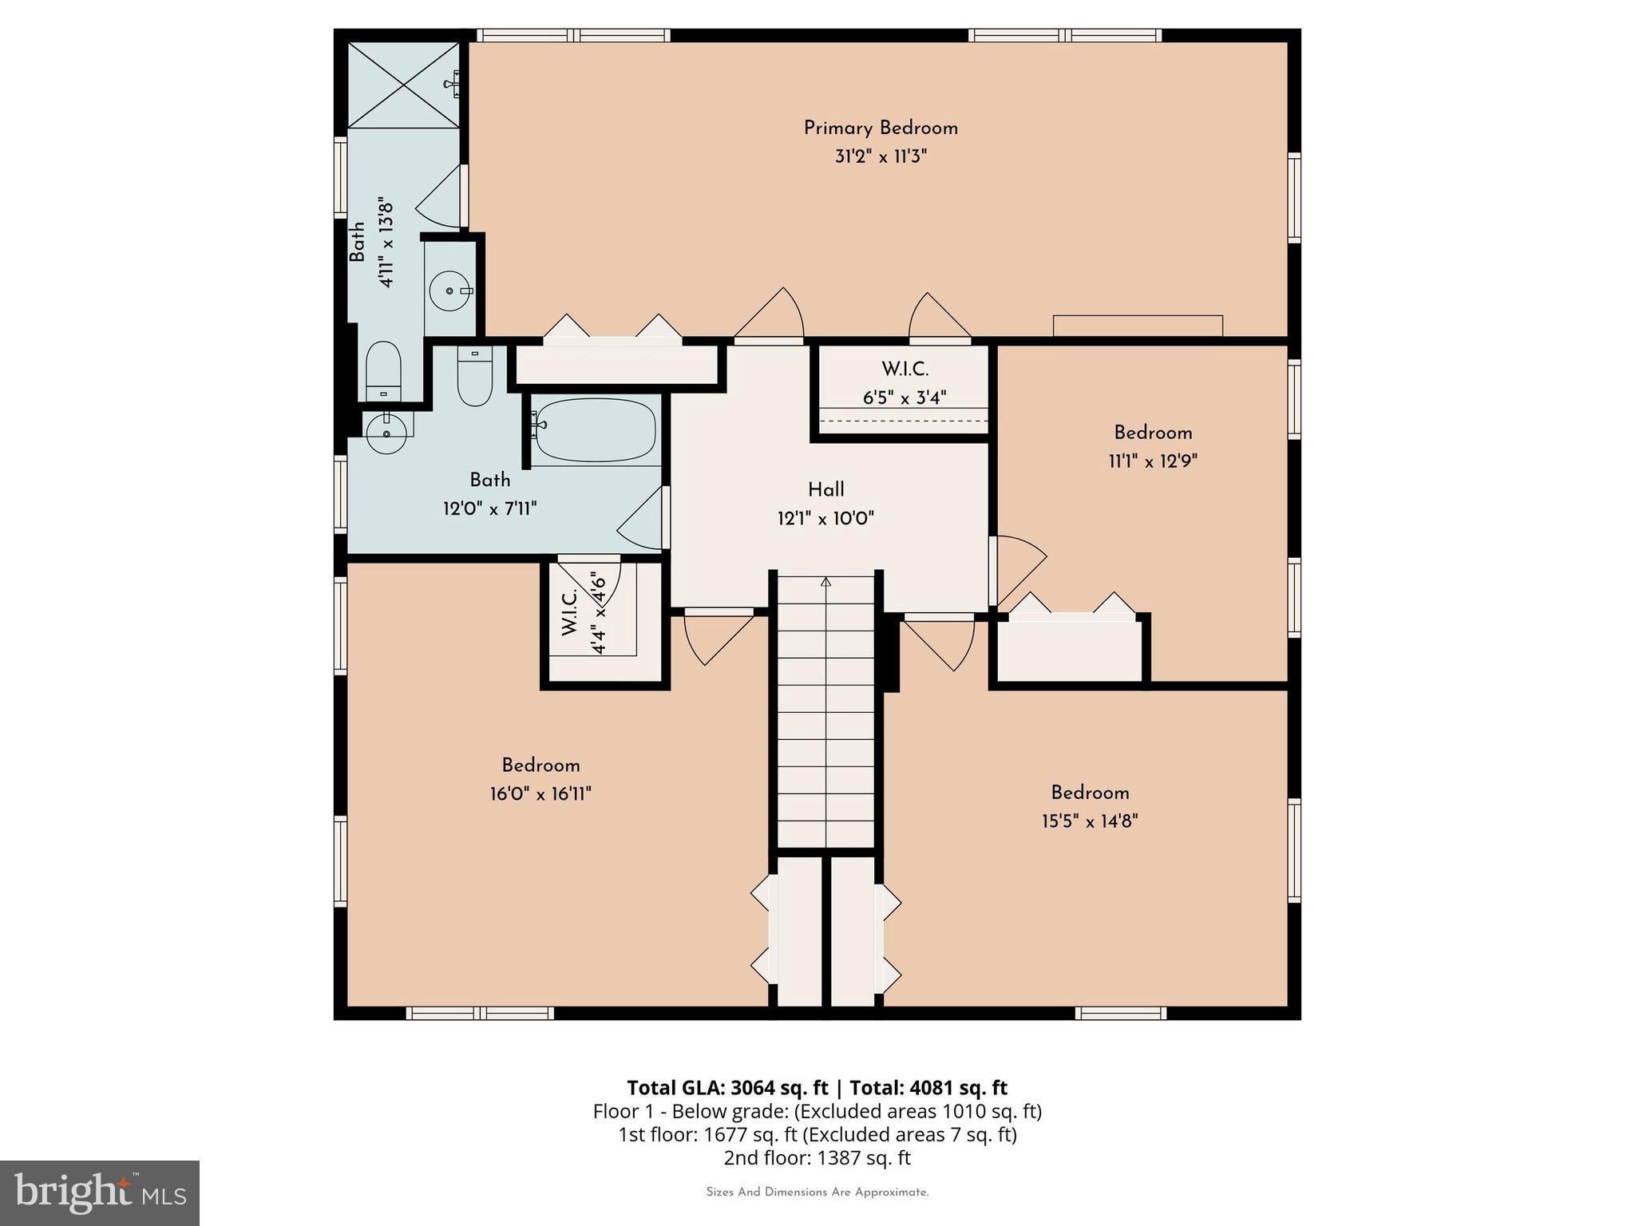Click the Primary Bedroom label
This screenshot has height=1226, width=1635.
880,128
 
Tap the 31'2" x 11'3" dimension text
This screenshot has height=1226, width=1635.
880,156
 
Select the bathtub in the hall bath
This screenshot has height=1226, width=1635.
596,430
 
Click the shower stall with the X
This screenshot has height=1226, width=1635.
403,85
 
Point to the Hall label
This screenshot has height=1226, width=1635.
825,490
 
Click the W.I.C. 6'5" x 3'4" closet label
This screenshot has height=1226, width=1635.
905,370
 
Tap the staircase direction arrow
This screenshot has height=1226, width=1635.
825,583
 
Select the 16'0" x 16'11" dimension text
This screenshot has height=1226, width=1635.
540,794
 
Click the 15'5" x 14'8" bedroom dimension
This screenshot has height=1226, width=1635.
1089,821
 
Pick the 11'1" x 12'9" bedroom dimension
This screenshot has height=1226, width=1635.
1153,461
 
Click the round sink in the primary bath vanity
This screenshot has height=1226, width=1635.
450,291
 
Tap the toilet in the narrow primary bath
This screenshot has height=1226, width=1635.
382,371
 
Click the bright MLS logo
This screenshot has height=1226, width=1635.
100,1192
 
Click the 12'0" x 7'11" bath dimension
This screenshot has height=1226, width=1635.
489,508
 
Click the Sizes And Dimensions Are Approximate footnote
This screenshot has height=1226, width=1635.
817,1192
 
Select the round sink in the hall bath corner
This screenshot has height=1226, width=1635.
386,433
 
